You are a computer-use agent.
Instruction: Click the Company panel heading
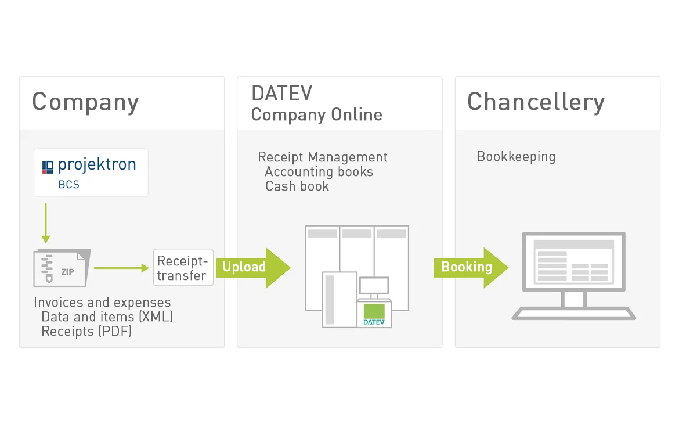(85, 102)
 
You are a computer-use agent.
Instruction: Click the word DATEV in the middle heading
(281, 94)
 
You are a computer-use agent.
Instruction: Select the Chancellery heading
(536, 102)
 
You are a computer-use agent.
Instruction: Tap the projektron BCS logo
(91, 173)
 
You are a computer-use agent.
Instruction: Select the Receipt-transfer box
(183, 268)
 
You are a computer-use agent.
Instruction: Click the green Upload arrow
(253, 267)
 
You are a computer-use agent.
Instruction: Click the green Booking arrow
(471, 267)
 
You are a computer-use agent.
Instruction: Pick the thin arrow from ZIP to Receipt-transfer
(121, 268)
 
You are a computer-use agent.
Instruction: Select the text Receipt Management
(323, 157)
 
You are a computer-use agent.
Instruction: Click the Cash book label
(297, 186)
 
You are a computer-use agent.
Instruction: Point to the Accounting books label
(319, 172)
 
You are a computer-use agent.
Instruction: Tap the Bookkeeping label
(516, 157)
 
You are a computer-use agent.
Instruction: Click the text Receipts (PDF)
(86, 332)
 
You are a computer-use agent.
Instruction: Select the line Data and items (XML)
(107, 317)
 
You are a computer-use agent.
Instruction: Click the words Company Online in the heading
(316, 114)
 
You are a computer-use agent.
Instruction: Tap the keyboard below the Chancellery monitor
(573, 314)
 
